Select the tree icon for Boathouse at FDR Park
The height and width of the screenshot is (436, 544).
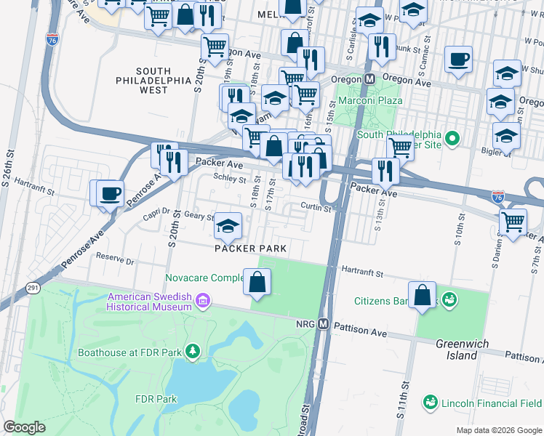click(192, 352)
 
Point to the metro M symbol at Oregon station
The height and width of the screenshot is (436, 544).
click(369, 78)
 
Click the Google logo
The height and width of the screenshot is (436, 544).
click(25, 427)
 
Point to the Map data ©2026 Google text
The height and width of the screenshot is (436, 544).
click(498, 430)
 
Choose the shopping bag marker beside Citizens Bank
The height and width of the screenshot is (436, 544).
click(422, 295)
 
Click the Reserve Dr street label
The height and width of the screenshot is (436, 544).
click(116, 259)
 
